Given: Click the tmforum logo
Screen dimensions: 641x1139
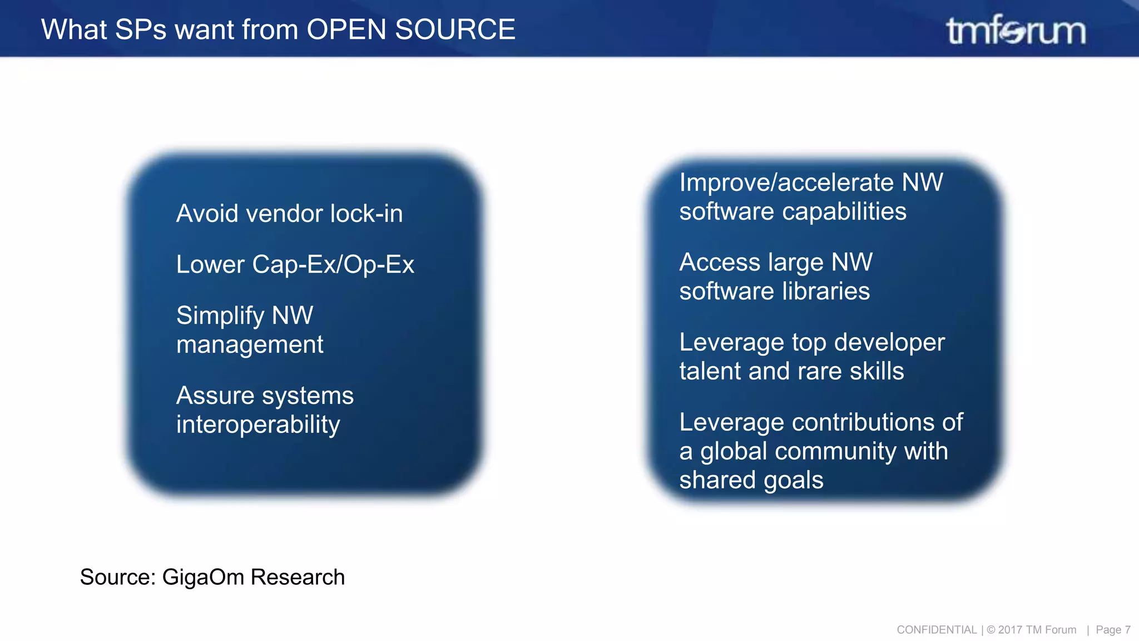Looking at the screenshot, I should click(1016, 30).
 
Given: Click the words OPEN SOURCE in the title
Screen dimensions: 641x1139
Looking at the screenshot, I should click(410, 29).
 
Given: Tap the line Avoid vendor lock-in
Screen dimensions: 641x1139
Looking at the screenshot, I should click(289, 214).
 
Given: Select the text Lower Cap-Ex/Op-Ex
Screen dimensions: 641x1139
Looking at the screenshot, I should click(295, 264).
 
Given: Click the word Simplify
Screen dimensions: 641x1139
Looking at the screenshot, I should click(220, 316).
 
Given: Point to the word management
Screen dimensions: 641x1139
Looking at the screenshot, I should click(249, 345).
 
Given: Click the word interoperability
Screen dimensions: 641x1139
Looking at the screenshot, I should click(257, 425).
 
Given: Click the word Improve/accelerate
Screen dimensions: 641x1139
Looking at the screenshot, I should click(786, 183).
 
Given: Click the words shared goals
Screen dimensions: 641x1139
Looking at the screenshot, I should click(751, 480).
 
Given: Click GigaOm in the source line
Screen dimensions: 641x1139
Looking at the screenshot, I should click(203, 577).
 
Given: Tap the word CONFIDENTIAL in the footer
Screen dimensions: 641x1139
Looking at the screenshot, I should click(937, 630).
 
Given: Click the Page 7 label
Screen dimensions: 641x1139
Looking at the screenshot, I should click(1112, 630).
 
